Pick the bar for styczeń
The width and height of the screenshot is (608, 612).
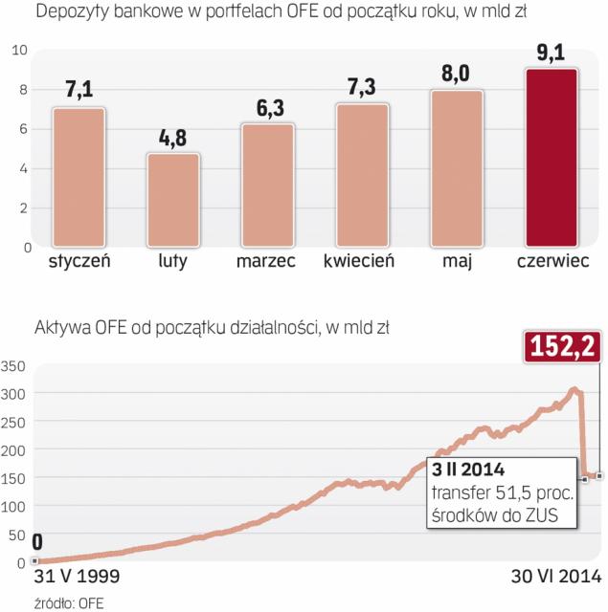[79, 176]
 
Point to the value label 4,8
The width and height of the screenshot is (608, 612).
[172, 137]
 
